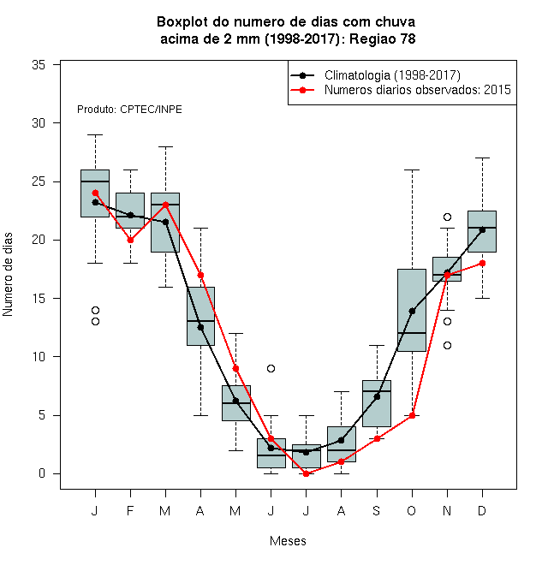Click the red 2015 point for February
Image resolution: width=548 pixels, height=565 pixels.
click(x=130, y=240)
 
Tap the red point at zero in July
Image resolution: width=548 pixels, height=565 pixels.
click(x=306, y=474)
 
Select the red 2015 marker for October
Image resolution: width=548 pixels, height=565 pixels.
click(x=412, y=415)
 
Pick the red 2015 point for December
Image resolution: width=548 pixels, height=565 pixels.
click(x=482, y=264)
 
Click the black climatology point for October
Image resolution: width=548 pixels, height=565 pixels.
click(x=412, y=311)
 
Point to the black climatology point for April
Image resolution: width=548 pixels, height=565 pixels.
click(x=201, y=327)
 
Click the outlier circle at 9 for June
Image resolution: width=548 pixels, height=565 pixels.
click(x=271, y=369)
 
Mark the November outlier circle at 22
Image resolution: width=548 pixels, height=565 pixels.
click(x=448, y=217)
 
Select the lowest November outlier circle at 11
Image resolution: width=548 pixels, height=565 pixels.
click(x=448, y=346)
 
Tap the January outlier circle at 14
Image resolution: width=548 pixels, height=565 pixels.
click(x=96, y=310)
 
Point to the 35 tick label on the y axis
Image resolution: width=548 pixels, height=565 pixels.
click(x=39, y=65)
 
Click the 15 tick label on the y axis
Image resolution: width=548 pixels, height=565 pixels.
click(x=39, y=299)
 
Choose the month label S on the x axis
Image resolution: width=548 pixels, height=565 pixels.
click(x=377, y=510)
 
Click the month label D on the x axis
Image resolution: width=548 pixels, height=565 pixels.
click(x=482, y=510)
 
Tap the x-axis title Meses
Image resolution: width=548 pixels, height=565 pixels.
click(x=288, y=541)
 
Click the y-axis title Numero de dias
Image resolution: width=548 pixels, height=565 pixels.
click(x=8, y=275)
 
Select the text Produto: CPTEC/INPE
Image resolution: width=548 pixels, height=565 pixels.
click(x=129, y=110)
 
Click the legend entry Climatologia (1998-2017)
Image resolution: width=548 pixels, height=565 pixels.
click(x=392, y=75)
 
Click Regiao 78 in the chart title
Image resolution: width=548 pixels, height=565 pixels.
click(x=383, y=39)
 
